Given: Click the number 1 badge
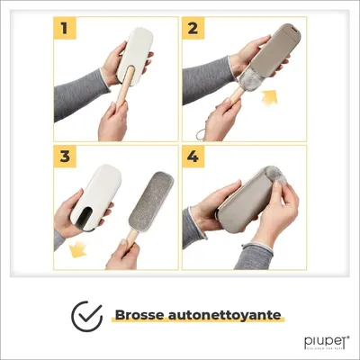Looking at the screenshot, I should [x=64, y=29].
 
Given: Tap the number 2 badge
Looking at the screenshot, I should [x=192, y=29].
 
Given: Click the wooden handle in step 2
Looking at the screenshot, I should [x=232, y=102].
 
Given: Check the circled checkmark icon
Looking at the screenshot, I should [x=87, y=315].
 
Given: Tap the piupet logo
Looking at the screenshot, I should [x=322, y=341].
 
